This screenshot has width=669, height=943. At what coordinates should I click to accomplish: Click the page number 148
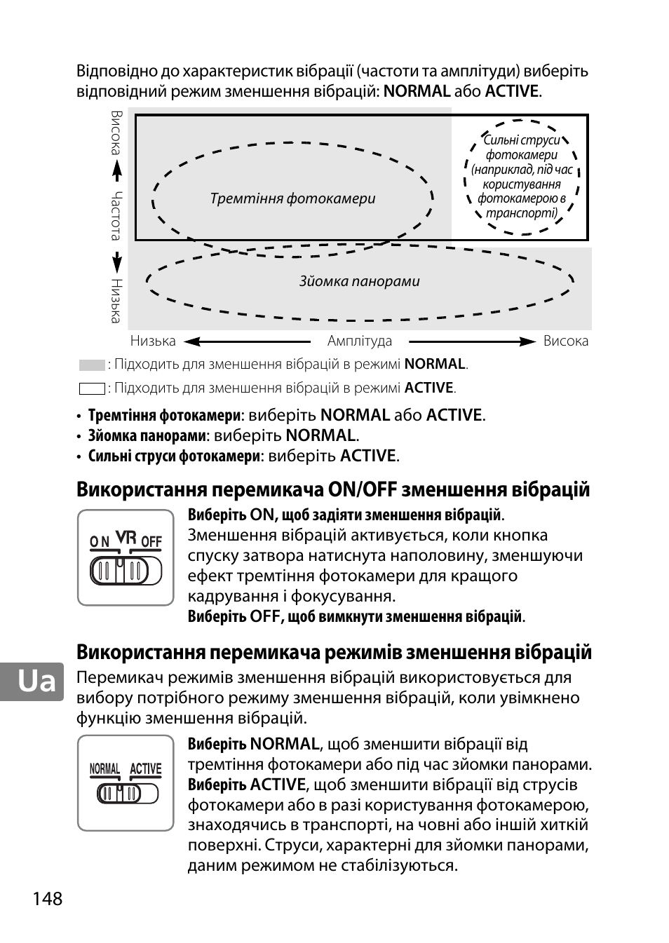[47, 898]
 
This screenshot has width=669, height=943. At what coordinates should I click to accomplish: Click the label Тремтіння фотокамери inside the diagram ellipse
[292, 198]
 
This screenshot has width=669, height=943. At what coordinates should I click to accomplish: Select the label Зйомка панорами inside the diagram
[359, 281]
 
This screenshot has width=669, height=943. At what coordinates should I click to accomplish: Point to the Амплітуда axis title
[360, 341]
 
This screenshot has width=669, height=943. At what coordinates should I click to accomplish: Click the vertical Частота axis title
[116, 215]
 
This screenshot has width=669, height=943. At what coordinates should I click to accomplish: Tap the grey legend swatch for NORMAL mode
[92, 365]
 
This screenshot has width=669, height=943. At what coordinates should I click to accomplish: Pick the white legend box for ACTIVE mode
[92, 388]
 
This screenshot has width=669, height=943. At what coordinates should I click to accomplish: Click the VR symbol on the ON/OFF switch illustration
[126, 537]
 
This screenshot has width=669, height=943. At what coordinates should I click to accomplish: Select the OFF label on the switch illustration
[151, 541]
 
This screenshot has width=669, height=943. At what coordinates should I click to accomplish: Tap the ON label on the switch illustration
[100, 541]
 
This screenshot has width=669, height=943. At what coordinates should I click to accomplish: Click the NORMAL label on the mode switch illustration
[104, 769]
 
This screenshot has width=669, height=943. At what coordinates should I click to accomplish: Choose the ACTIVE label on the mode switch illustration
[145, 769]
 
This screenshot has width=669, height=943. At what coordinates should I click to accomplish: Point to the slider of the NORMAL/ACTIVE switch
[119, 794]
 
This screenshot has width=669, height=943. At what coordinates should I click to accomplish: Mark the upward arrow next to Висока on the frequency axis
[116, 171]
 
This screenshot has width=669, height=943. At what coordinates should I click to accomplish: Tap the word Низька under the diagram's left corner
[153, 341]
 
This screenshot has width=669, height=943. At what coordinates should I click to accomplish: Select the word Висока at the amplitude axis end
[566, 341]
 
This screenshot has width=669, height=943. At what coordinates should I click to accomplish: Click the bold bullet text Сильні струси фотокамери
[174, 456]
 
